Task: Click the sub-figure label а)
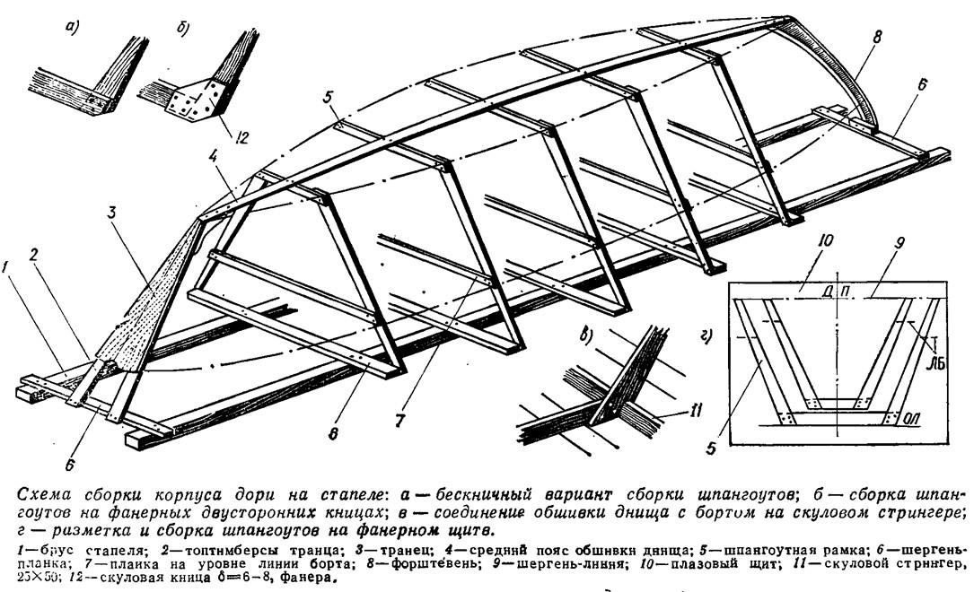point(68,28)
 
